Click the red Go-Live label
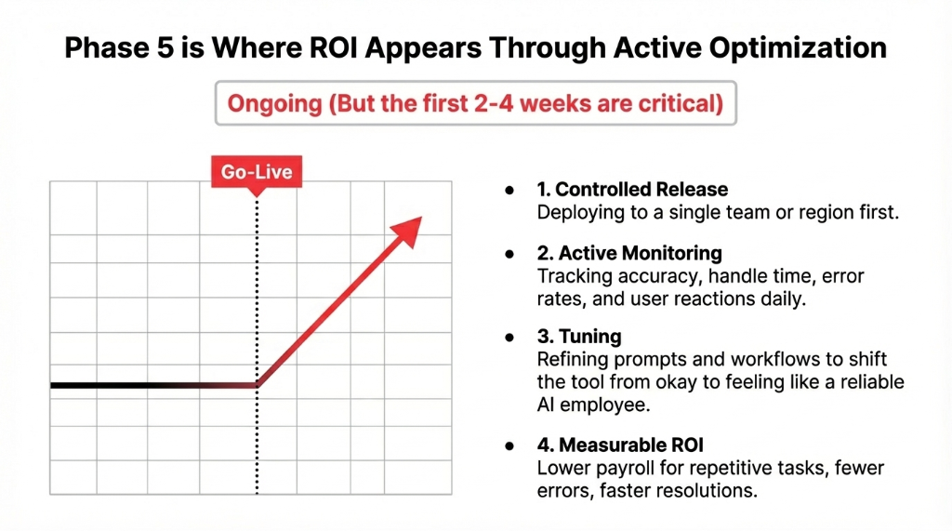coord(257,172)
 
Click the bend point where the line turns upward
coord(258,384)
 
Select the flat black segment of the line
coord(139,384)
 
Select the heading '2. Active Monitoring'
coord(629,253)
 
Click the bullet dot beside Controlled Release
coord(509,190)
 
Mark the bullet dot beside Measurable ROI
coord(509,446)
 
